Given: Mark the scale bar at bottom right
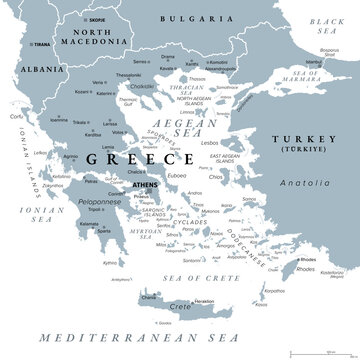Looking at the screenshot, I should coord(330,350).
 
